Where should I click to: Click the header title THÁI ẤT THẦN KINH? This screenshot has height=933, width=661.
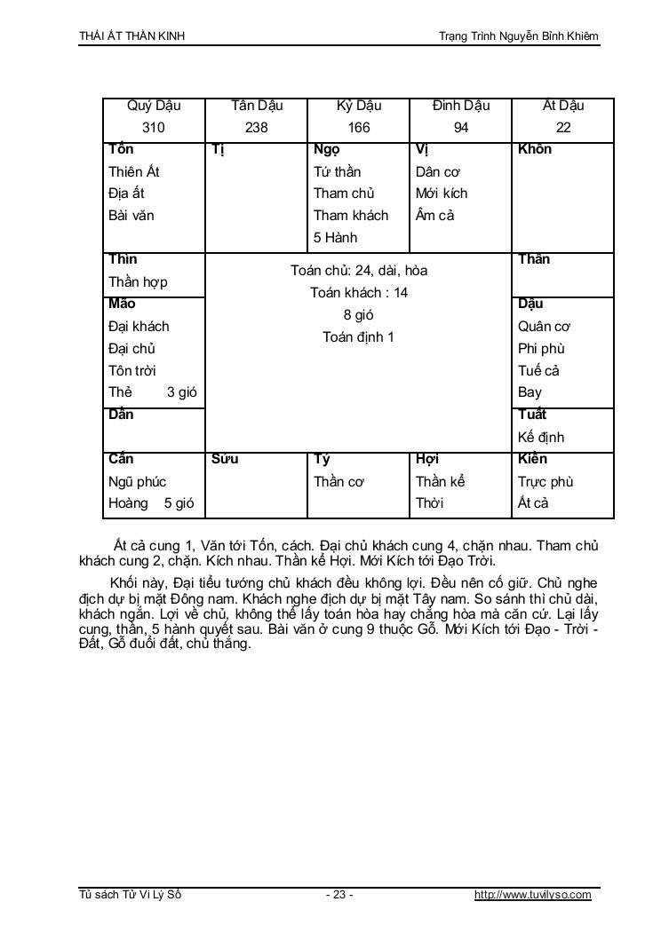coord(131,36)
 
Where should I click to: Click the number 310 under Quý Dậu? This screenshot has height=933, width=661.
coord(154,127)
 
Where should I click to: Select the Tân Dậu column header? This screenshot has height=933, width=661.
coord(257,106)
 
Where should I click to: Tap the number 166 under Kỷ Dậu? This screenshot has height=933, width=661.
coord(359,127)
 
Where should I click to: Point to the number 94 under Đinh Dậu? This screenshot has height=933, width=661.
coord(461,127)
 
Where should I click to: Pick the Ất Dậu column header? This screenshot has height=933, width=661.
coord(563,106)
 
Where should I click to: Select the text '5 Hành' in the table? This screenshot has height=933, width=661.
coord(335,237)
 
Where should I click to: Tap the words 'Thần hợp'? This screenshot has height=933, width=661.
coord(138,281)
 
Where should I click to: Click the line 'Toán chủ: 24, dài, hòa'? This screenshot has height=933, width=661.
coord(359,271)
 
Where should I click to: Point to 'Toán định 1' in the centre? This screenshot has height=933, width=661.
coord(359,337)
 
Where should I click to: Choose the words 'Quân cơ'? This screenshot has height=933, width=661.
coord(544,326)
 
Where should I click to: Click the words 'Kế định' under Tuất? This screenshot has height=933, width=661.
coord(541,437)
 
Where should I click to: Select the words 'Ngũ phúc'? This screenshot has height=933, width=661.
coord(138,481)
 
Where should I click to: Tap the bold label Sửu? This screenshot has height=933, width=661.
coord(225,459)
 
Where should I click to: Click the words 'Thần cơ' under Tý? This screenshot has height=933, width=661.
coord(338,481)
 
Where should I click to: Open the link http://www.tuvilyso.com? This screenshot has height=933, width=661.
coord(533,895)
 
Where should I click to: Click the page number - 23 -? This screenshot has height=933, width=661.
coord(339,895)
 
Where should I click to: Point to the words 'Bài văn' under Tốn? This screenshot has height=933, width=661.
coord(131,215)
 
